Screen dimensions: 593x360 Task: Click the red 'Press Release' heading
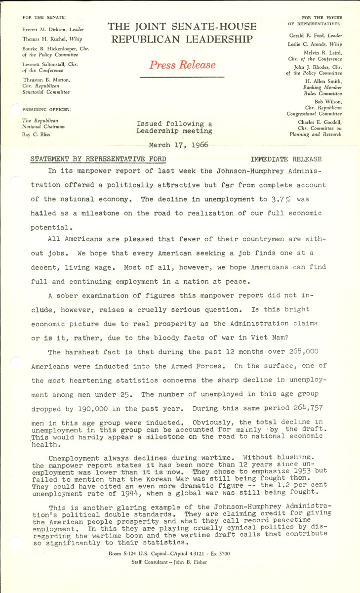pyautogui.click(x=182, y=65)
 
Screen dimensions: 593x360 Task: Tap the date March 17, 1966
pyautogui.click(x=179, y=145)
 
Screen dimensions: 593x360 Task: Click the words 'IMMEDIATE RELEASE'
pyautogui.click(x=286, y=159)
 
